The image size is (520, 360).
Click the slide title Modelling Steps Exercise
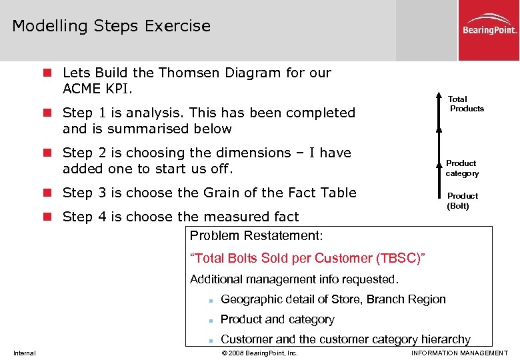[111, 26]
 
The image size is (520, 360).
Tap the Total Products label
[466, 104]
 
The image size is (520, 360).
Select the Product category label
[462, 168]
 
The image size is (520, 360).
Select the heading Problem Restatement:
[256, 236]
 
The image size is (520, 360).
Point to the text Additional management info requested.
[294, 279]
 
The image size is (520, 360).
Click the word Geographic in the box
[249, 299]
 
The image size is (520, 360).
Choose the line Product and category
[277, 319]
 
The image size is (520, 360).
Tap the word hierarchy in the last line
[446, 339]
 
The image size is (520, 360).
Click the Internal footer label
[24, 353]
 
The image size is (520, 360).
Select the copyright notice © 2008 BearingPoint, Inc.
[259, 353]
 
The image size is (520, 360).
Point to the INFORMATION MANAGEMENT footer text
[459, 353]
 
